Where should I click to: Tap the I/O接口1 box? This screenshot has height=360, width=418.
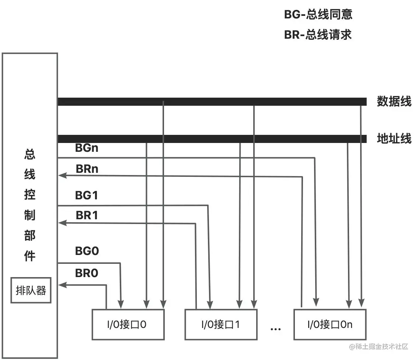[221, 324]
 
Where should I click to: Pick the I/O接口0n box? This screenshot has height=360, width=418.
[330, 324]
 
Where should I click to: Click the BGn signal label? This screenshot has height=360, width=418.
[87, 148]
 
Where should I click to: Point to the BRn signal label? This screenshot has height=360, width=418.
[87, 169]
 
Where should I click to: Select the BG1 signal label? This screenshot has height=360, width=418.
[87, 195]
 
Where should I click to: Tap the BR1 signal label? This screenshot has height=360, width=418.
[87, 215]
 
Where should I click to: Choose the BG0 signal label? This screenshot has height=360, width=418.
[87, 251]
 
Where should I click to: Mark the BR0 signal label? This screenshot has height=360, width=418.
[87, 273]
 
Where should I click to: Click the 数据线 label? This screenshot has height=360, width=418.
[394, 101]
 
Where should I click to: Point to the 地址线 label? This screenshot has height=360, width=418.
[394, 139]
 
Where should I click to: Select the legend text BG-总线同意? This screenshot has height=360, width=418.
[318, 14]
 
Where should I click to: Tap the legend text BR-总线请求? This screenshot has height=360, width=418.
[318, 35]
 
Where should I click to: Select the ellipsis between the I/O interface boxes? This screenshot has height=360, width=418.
[276, 328]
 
